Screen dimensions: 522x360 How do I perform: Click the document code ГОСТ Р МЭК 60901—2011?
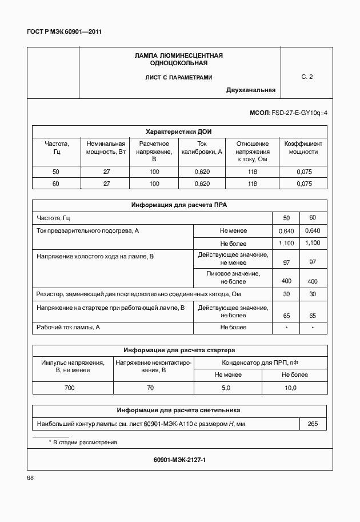(x=64, y=32)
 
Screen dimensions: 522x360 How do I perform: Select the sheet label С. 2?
(x=307, y=77)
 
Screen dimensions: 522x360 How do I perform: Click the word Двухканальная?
(x=251, y=90)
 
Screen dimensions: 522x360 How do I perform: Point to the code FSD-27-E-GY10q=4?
(x=299, y=113)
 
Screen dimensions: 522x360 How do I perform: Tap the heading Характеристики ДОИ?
(x=179, y=131)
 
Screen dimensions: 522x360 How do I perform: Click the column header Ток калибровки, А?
(x=202, y=148)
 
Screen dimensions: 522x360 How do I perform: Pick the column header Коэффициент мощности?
(x=303, y=148)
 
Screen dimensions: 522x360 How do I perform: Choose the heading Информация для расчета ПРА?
(x=179, y=205)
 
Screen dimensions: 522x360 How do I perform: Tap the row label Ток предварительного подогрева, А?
(x=88, y=230)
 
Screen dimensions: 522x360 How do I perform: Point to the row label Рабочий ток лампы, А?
(x=68, y=327)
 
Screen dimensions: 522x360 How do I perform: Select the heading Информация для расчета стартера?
(x=179, y=350)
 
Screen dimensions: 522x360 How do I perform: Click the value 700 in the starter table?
(x=70, y=388)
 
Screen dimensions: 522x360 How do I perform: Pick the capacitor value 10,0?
(x=291, y=388)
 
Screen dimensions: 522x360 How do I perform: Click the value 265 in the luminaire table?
(x=313, y=424)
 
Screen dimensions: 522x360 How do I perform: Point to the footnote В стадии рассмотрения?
(x=86, y=443)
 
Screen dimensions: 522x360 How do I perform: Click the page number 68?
(x=31, y=477)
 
